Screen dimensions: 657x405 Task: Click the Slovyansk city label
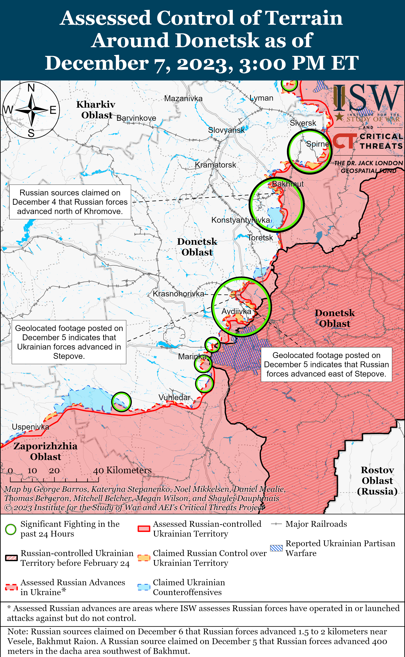coord(226,130)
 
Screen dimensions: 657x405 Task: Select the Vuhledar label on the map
coord(174,397)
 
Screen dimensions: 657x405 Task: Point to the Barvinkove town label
coord(136,118)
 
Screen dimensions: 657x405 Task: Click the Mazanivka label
coord(183,99)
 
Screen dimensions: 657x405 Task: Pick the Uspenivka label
coord(30,427)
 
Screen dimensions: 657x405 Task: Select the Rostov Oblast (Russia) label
coord(377,480)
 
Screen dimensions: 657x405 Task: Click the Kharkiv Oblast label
coord(96,110)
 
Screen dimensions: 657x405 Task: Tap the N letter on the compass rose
coord(31,88)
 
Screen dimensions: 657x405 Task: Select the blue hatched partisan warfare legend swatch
coord(276,548)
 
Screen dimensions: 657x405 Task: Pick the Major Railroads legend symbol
coord(276,524)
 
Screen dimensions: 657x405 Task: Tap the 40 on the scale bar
coord(98,471)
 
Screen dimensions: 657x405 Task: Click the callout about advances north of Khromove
coord(70,202)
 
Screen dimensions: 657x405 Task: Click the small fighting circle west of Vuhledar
coord(121,402)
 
